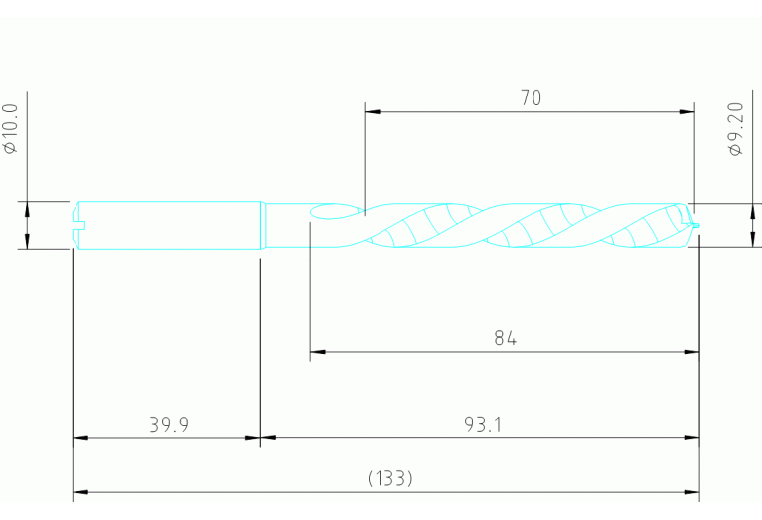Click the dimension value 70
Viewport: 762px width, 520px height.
pyautogui.click(x=531, y=98)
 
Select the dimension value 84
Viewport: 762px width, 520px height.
pyautogui.click(x=506, y=338)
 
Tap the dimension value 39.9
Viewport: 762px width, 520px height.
pyautogui.click(x=169, y=425)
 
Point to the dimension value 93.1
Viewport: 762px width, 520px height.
pyautogui.click(x=483, y=425)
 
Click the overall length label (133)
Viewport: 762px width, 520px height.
pyautogui.click(x=389, y=478)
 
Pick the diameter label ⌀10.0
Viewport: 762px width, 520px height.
pyautogui.click(x=12, y=128)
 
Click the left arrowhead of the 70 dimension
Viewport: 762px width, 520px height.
pyautogui.click(x=372, y=112)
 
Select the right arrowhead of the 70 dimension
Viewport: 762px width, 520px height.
pyautogui.click(x=686, y=112)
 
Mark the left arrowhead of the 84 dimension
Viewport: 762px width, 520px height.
pyautogui.click(x=318, y=352)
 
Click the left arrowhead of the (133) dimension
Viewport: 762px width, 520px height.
pyautogui.click(x=80, y=491)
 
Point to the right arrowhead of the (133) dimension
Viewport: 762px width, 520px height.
pyautogui.click(x=692, y=491)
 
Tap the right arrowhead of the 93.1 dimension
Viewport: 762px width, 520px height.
pyautogui.click(x=692, y=437)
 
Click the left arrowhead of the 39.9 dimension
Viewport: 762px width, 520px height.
pyautogui.click(x=80, y=437)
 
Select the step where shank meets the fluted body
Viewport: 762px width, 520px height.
pyautogui.click(x=262, y=226)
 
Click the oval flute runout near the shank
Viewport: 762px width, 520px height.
pyautogui.click(x=330, y=211)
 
